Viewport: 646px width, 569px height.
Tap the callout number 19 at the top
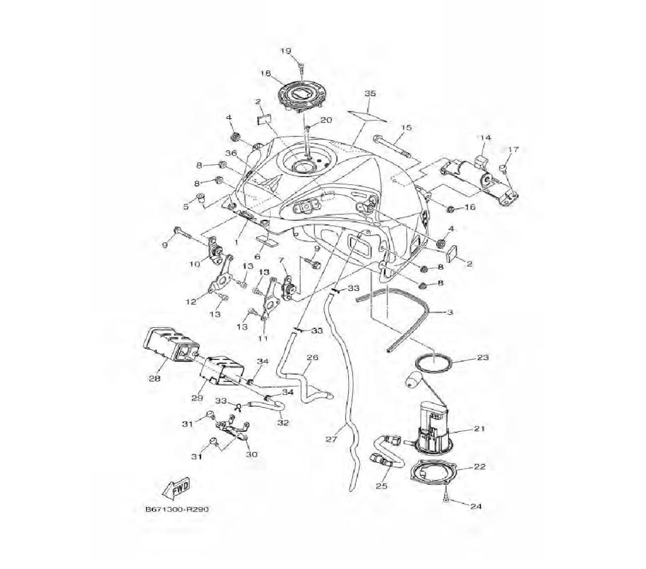point(286,51)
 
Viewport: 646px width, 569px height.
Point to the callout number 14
point(484,138)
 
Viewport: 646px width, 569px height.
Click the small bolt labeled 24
point(446,500)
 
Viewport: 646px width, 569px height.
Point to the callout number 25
point(381,486)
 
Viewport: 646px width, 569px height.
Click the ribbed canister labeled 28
point(167,344)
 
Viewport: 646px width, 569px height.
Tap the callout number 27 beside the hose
point(331,439)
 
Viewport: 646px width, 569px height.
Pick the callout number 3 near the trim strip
point(450,312)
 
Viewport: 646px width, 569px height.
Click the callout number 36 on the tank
point(231,153)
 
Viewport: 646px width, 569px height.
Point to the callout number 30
point(252,455)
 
